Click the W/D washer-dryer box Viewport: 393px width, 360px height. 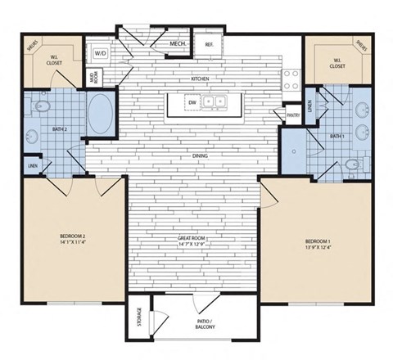(x=101, y=53)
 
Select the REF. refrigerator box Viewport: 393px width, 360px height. (x=209, y=44)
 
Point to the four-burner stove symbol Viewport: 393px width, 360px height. (x=291, y=79)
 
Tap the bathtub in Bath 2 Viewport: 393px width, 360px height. (x=101, y=114)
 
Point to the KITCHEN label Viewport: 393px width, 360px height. (x=201, y=79)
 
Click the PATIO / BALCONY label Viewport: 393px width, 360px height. (x=204, y=324)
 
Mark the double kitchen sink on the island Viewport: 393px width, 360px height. (x=215, y=102)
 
